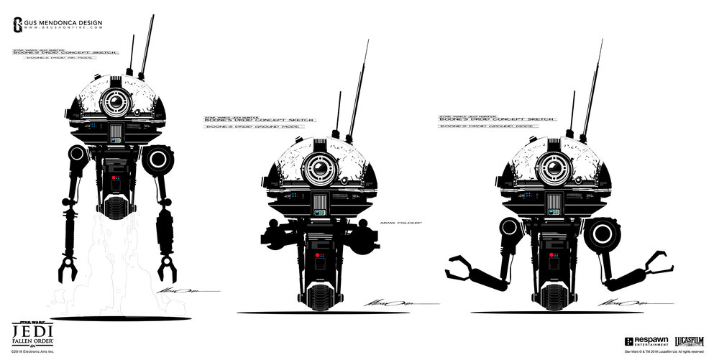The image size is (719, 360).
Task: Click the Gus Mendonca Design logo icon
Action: click(18, 25)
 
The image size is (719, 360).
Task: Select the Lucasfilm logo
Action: click(690, 341)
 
